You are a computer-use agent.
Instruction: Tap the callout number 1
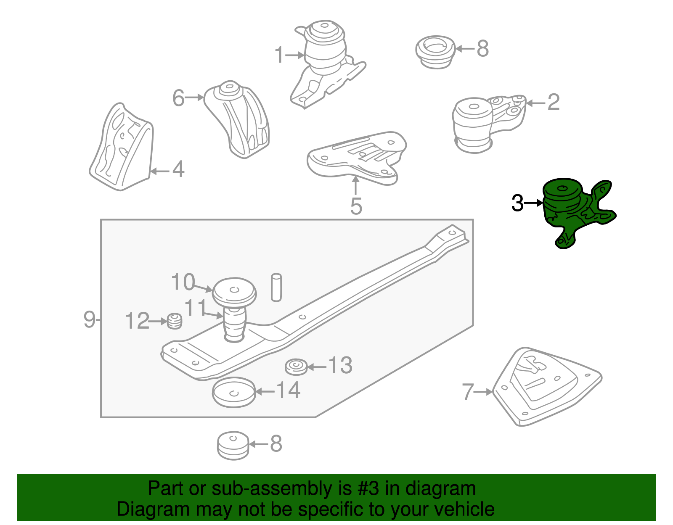(279, 55)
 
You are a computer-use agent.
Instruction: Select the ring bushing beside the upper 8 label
(435, 51)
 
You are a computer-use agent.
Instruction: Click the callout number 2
(554, 103)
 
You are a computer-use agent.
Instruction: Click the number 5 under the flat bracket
(356, 206)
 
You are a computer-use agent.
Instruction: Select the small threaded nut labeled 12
(175, 321)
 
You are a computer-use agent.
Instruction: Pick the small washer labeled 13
(296, 367)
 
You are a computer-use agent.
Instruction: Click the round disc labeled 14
(234, 392)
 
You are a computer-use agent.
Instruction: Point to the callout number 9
(89, 320)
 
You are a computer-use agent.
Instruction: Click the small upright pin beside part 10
(276, 288)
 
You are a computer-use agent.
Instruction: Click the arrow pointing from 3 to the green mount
(534, 203)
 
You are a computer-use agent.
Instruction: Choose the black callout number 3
(517, 203)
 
